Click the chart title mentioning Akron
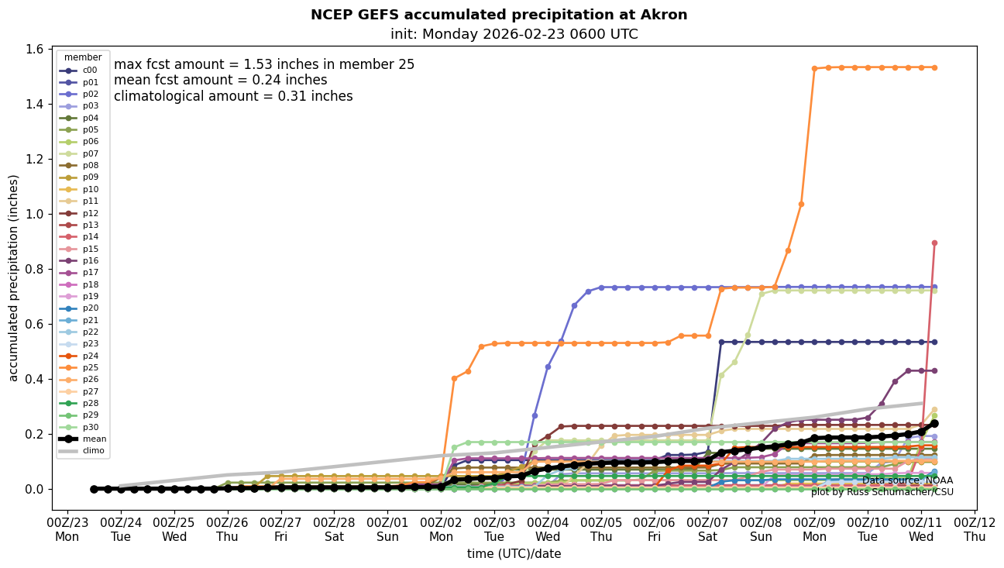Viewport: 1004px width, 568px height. (499, 15)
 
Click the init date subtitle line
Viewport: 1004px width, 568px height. (514, 34)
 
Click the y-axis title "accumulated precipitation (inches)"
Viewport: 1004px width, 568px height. (13, 277)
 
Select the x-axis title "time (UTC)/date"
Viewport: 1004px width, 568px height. (514, 554)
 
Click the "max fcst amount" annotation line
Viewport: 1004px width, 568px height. (264, 64)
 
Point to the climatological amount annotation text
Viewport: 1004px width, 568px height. (233, 97)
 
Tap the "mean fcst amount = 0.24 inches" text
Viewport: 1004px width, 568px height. (220, 81)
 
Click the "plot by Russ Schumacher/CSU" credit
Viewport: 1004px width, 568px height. (882, 492)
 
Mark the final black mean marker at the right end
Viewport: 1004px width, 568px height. (934, 423)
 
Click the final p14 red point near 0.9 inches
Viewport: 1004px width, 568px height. (934, 243)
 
